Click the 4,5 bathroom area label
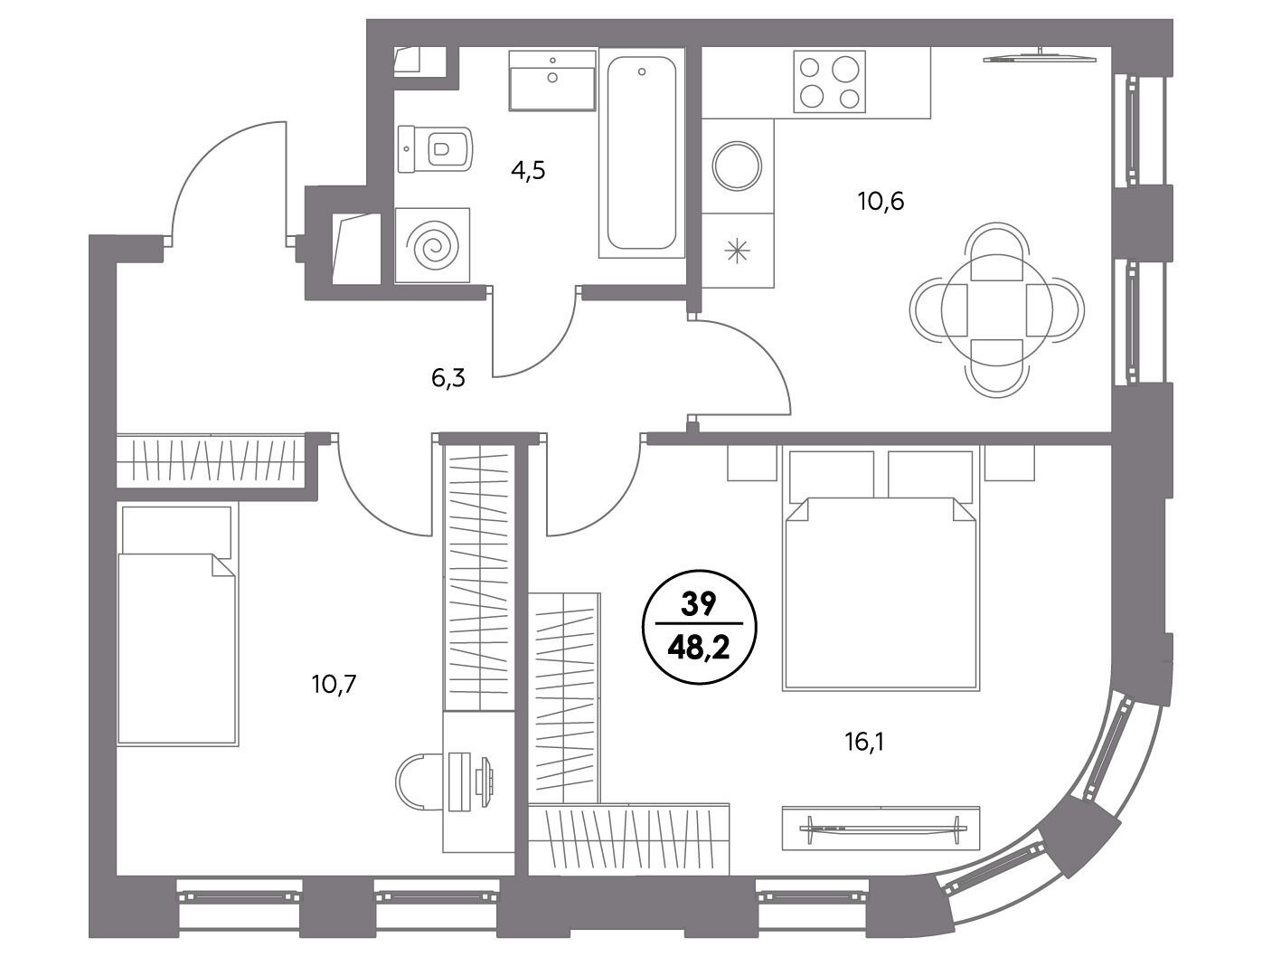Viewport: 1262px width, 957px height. pyautogui.click(x=527, y=171)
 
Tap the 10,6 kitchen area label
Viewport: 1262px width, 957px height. pyautogui.click(x=881, y=202)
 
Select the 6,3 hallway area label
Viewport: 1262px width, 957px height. pyautogui.click(x=447, y=378)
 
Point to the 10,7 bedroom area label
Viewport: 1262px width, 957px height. pyautogui.click(x=334, y=685)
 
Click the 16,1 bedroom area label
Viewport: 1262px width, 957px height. pyautogui.click(x=864, y=743)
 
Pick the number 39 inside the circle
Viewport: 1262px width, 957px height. pyautogui.click(x=699, y=604)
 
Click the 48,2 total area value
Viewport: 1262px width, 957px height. pyautogui.click(x=699, y=649)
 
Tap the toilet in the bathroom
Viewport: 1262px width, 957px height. pyautogui.click(x=435, y=149)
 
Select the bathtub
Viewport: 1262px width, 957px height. pyautogui.click(x=642, y=152)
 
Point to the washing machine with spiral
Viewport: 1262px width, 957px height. pyautogui.click(x=432, y=245)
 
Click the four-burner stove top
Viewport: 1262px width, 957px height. pyautogui.click(x=829, y=81)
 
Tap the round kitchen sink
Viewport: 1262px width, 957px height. pyautogui.click(x=737, y=166)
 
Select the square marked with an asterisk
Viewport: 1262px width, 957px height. pyautogui.click(x=738, y=251)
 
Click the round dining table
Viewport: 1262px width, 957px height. pyautogui.click(x=996, y=309)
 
